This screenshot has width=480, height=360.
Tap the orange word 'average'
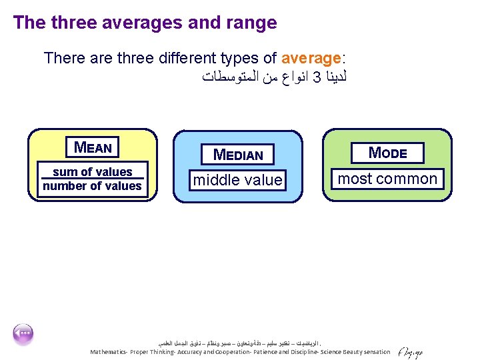click(x=311, y=58)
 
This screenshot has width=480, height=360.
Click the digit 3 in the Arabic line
click(x=317, y=77)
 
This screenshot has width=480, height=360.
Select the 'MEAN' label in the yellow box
click(x=93, y=147)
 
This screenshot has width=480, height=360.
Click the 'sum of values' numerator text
click(x=92, y=171)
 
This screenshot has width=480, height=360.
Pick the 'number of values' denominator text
click(x=92, y=186)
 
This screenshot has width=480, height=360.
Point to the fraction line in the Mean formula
click(x=92, y=179)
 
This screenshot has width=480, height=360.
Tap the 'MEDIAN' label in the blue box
click(x=238, y=155)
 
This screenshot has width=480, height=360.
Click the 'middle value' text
click(x=238, y=180)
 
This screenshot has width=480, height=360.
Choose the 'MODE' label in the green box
click(x=388, y=152)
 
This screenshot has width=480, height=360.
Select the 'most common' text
click(x=387, y=179)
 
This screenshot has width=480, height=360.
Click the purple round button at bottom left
click(x=23, y=334)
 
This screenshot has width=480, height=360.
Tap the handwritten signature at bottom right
click(x=409, y=351)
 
